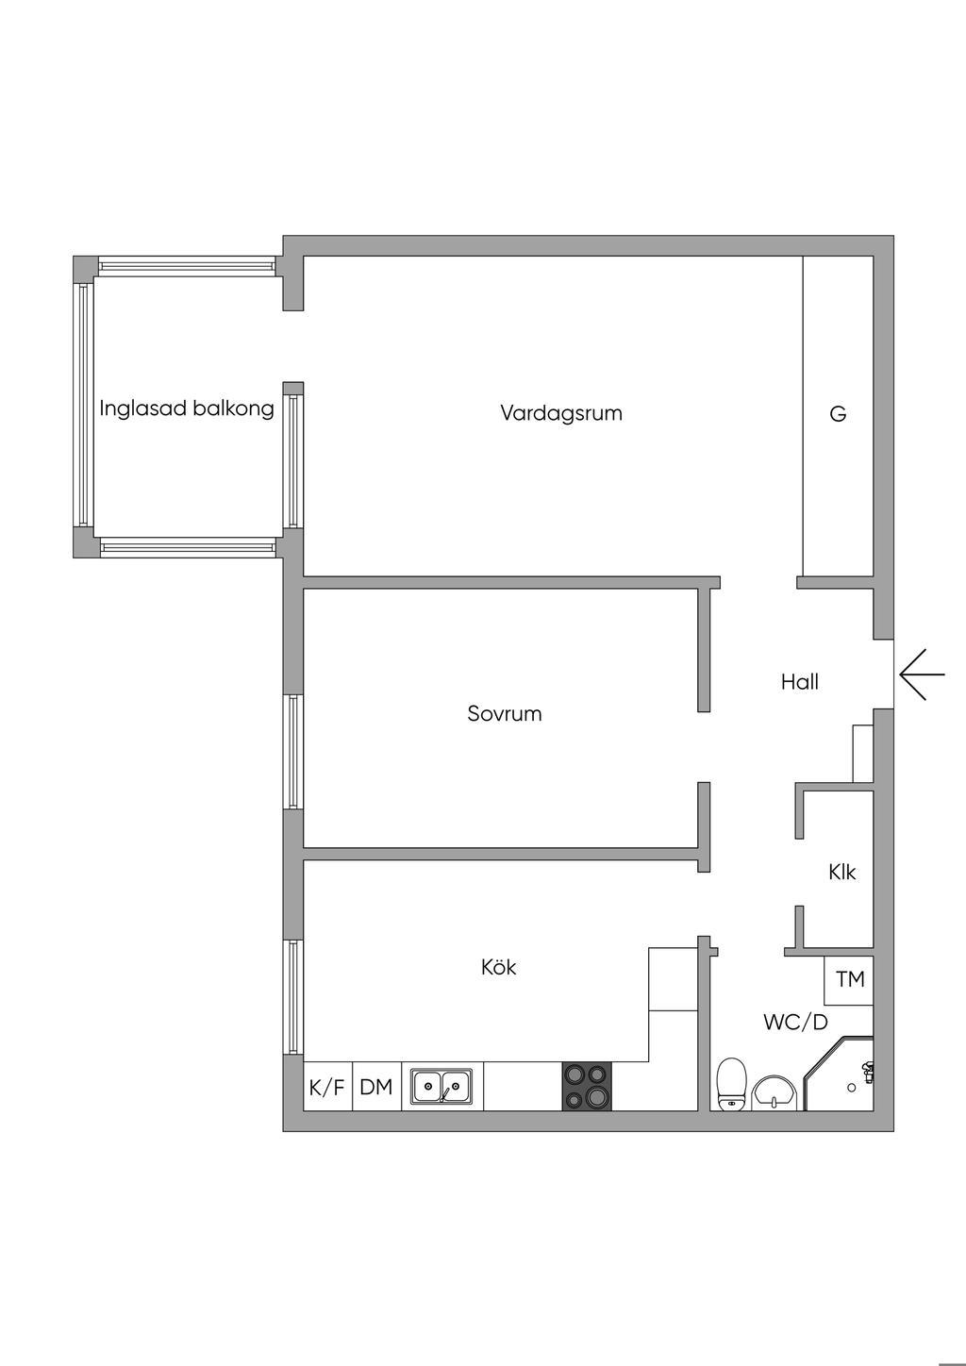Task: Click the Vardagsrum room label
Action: (561, 413)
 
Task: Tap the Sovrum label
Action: (505, 713)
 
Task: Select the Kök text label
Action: (498, 967)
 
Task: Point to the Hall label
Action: (799, 682)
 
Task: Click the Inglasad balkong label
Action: (187, 408)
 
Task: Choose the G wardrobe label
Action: (838, 413)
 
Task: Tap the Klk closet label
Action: (841, 872)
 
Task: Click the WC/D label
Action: (795, 1022)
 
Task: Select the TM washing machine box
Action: (849, 979)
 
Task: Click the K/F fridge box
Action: (327, 1087)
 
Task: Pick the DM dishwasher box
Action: (376, 1087)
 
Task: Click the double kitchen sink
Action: (441, 1087)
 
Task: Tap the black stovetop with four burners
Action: (587, 1087)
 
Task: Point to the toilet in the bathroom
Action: (731, 1085)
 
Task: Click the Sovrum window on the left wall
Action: (293, 752)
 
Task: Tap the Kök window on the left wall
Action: (293, 997)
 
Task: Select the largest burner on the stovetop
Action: (597, 1097)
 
